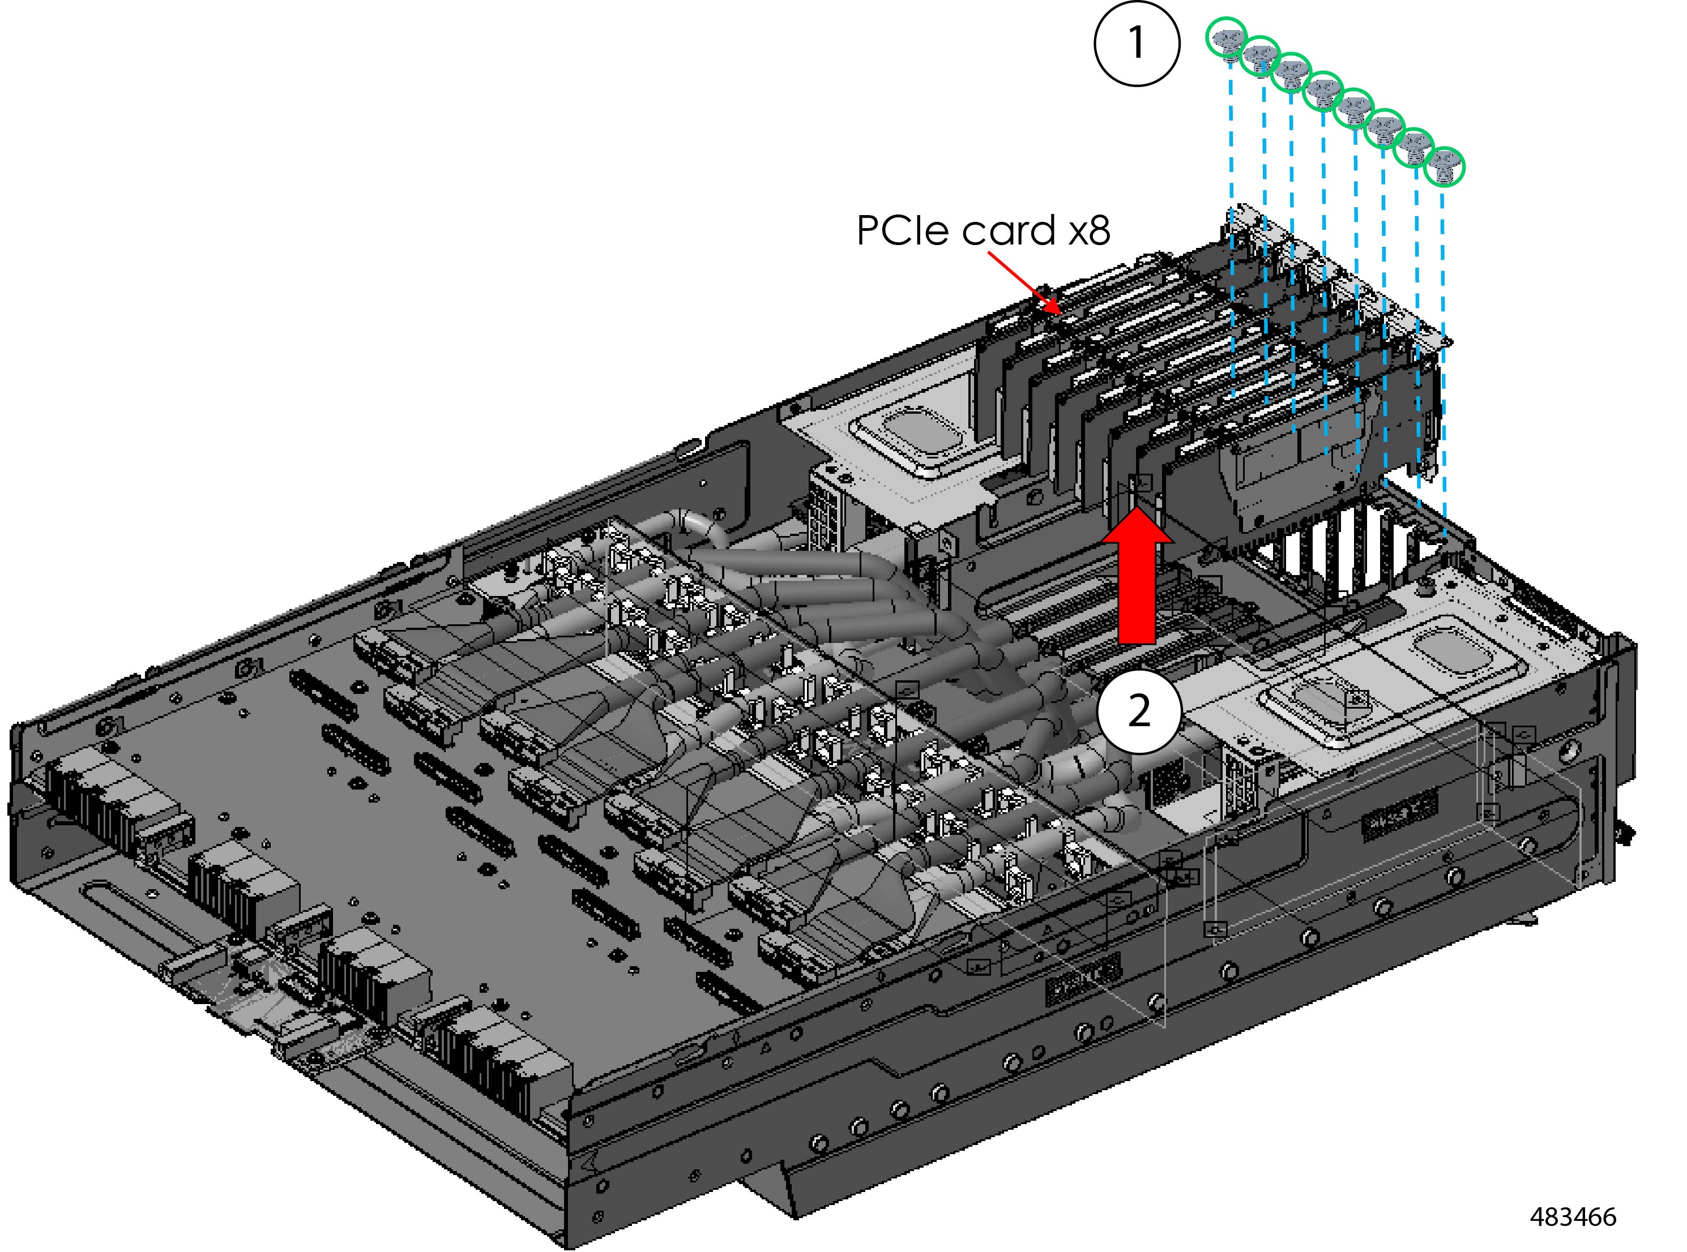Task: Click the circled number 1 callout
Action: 1137,43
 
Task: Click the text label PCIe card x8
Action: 983,230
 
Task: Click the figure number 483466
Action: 1573,1217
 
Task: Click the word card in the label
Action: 1009,230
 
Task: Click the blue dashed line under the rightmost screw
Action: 1443,341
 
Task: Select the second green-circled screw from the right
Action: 1414,148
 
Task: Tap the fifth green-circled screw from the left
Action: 1353,108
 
